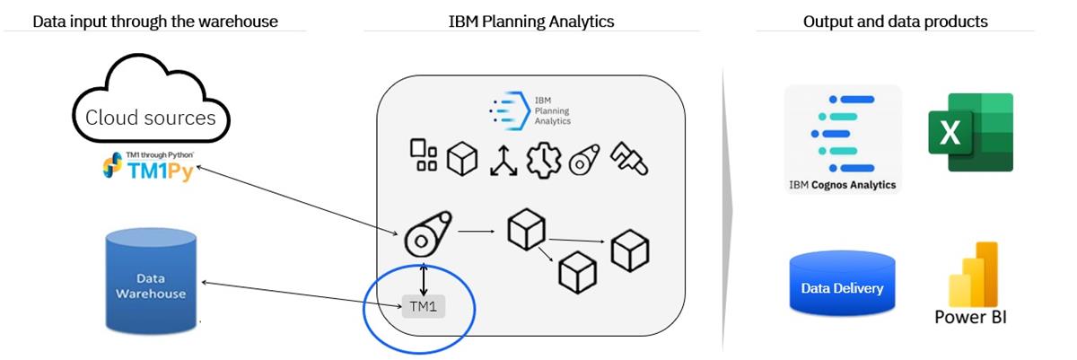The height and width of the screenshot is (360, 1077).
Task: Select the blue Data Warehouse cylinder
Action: tap(150, 278)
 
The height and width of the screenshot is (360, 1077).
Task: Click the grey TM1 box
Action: tap(422, 306)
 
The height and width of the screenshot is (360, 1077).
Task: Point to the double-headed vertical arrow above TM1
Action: tap(423, 278)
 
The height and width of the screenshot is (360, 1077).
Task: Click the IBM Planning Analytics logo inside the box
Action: tap(530, 109)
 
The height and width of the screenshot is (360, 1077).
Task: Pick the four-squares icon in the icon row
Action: tap(424, 154)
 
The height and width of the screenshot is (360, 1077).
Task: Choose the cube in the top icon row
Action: tap(462, 159)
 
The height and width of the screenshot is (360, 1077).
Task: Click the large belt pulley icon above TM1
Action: tap(426, 233)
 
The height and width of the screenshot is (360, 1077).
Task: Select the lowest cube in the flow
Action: tap(577, 271)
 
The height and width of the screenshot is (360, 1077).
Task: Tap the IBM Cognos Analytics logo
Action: tap(842, 139)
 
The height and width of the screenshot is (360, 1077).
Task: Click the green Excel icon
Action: tap(970, 133)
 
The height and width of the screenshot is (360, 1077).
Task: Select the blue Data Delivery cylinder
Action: tap(842, 282)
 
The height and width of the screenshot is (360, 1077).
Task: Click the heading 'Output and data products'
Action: tap(895, 22)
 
